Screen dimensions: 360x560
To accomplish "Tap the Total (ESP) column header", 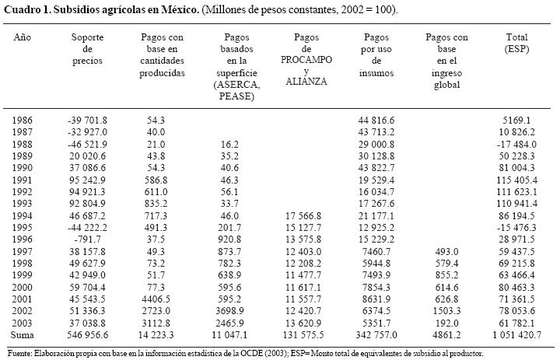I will (x=516, y=43).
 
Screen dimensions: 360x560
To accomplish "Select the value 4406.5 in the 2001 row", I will (x=163, y=299).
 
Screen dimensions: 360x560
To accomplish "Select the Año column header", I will (x=23, y=37).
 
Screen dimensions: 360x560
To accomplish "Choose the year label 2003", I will (x=23, y=322).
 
